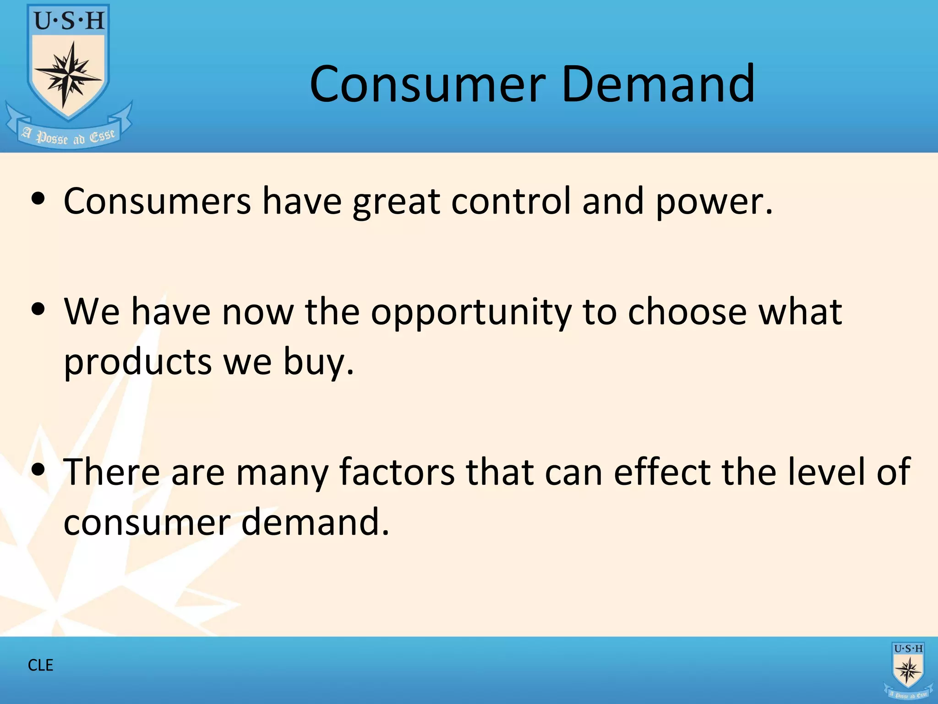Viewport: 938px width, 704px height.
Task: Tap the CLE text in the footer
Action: (40, 665)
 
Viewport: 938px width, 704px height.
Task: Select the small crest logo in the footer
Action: (908, 670)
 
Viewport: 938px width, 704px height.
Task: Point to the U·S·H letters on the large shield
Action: (69, 21)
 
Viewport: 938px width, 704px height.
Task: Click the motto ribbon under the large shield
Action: (69, 136)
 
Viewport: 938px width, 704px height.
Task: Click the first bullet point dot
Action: (38, 199)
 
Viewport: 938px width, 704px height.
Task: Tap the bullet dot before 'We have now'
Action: (38, 309)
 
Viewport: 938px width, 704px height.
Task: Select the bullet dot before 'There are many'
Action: (38, 469)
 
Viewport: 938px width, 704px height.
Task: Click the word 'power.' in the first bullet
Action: (714, 202)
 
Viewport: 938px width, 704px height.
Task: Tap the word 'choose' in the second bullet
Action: (687, 312)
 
